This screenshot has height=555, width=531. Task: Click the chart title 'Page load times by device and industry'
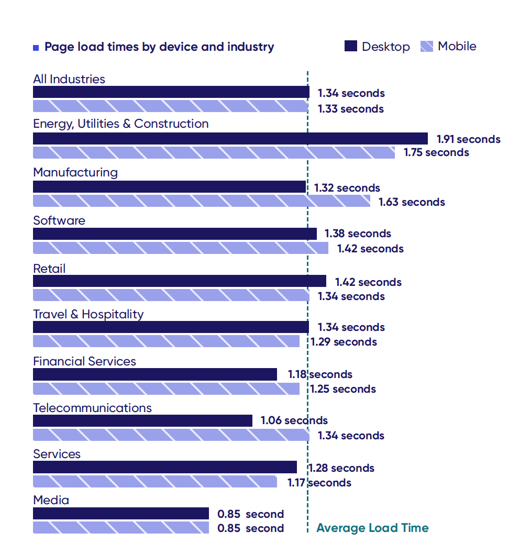pyautogui.click(x=159, y=47)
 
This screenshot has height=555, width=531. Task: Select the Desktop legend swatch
pyautogui.click(x=351, y=46)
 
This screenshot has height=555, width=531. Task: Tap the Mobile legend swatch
pyautogui.click(x=426, y=47)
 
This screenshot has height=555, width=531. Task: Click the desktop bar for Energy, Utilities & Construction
pyautogui.click(x=230, y=139)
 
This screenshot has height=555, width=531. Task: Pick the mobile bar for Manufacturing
pyautogui.click(x=202, y=201)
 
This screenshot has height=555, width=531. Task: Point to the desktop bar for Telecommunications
pyautogui.click(x=142, y=420)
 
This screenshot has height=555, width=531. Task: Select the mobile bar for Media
pyautogui.click(x=121, y=528)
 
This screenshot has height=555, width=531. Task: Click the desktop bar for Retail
pyautogui.click(x=180, y=281)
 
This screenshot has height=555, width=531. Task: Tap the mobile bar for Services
pyautogui.click(x=155, y=482)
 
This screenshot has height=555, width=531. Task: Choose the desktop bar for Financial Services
pyautogui.click(x=155, y=374)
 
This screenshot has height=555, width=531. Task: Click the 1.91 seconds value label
pyautogui.click(x=469, y=139)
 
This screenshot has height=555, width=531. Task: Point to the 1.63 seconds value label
pyautogui.click(x=412, y=202)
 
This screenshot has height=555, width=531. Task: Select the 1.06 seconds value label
pyautogui.click(x=294, y=420)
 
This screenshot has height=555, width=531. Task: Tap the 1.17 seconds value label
pyautogui.click(x=319, y=483)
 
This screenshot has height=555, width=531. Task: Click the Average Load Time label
pyautogui.click(x=372, y=528)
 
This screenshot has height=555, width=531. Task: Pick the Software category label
pyautogui.click(x=59, y=220)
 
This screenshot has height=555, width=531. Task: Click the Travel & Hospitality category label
pyautogui.click(x=88, y=314)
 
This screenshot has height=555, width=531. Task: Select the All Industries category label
pyautogui.click(x=69, y=79)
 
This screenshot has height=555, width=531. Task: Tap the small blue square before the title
pyautogui.click(x=36, y=48)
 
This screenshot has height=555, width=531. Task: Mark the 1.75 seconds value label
pyautogui.click(x=436, y=152)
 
